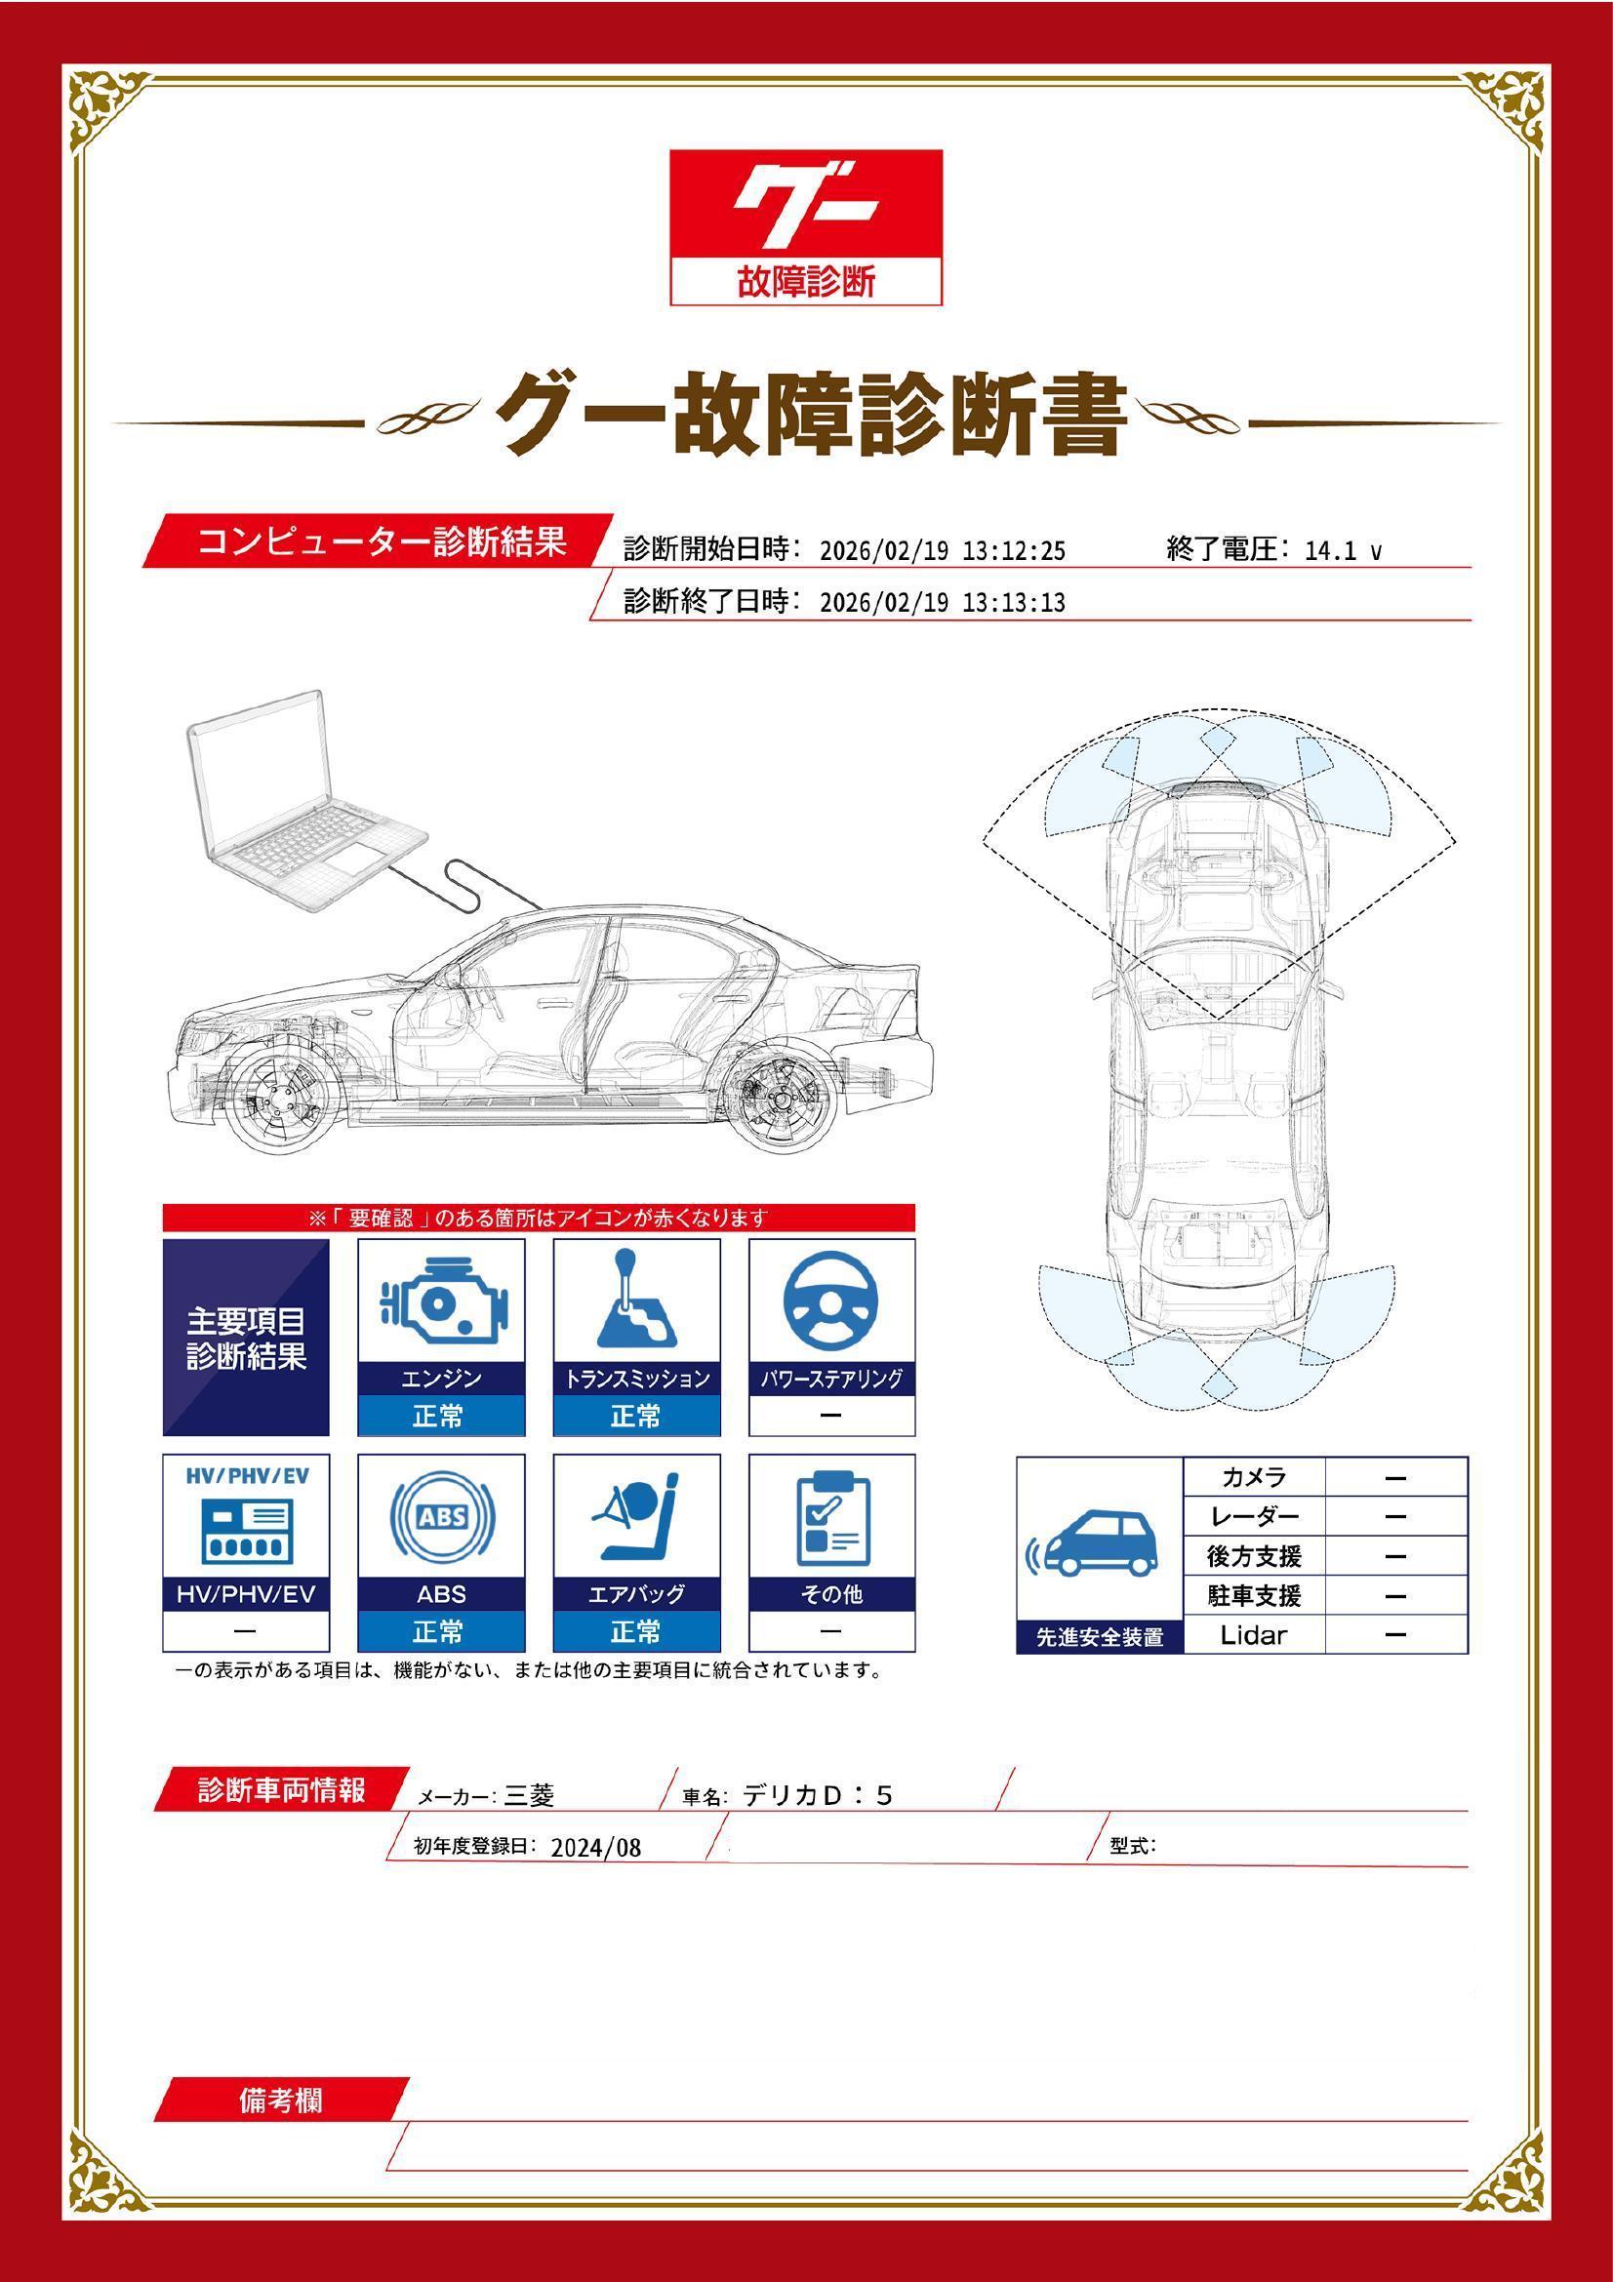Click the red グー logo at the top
(805, 204)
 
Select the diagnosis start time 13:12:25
(1014, 550)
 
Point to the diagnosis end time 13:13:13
(1014, 602)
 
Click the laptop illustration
(299, 801)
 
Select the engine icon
(441, 1302)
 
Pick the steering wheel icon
(830, 1302)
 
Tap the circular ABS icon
(441, 1518)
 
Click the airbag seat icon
(636, 1518)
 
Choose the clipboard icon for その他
(831, 1518)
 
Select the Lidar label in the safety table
(1253, 1635)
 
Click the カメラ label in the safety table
(1253, 1477)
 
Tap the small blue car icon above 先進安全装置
(1098, 1545)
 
